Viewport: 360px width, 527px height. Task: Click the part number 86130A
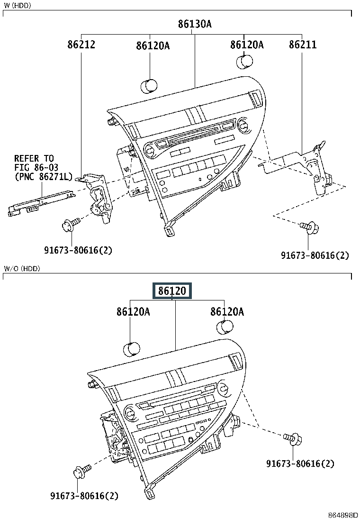tap(195, 24)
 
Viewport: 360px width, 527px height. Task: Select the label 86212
tap(81, 45)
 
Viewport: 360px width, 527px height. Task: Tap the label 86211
tap(303, 45)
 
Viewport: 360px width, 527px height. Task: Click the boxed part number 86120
tap(171, 291)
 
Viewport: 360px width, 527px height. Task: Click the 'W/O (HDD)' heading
tap(22, 269)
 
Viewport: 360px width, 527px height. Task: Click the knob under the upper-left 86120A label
tap(149, 86)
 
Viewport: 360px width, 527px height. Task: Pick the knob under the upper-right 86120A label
tap(244, 63)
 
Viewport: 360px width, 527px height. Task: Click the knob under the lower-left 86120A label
tap(131, 349)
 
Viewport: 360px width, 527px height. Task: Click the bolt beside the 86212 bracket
tap(69, 224)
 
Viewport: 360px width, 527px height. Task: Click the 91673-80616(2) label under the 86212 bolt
tap(78, 250)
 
